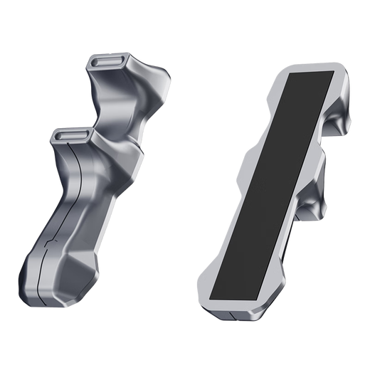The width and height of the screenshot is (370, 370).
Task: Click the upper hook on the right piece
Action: [341, 114]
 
